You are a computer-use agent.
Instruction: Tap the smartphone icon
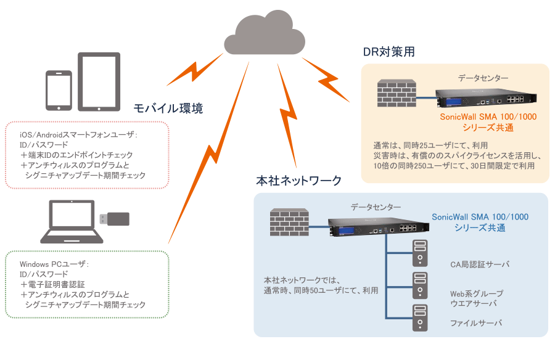(x=59, y=91)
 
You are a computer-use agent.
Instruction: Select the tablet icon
(x=98, y=81)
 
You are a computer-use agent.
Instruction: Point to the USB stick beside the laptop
(x=115, y=218)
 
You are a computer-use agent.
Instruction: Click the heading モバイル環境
(x=168, y=109)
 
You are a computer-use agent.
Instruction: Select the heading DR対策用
(x=388, y=52)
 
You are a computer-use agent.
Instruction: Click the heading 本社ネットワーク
(x=298, y=181)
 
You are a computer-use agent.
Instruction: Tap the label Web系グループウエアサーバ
(x=477, y=298)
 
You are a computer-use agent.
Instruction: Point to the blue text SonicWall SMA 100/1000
(x=480, y=217)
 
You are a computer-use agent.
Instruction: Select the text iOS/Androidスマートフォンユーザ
(x=78, y=134)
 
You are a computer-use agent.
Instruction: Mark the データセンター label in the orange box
(x=483, y=78)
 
